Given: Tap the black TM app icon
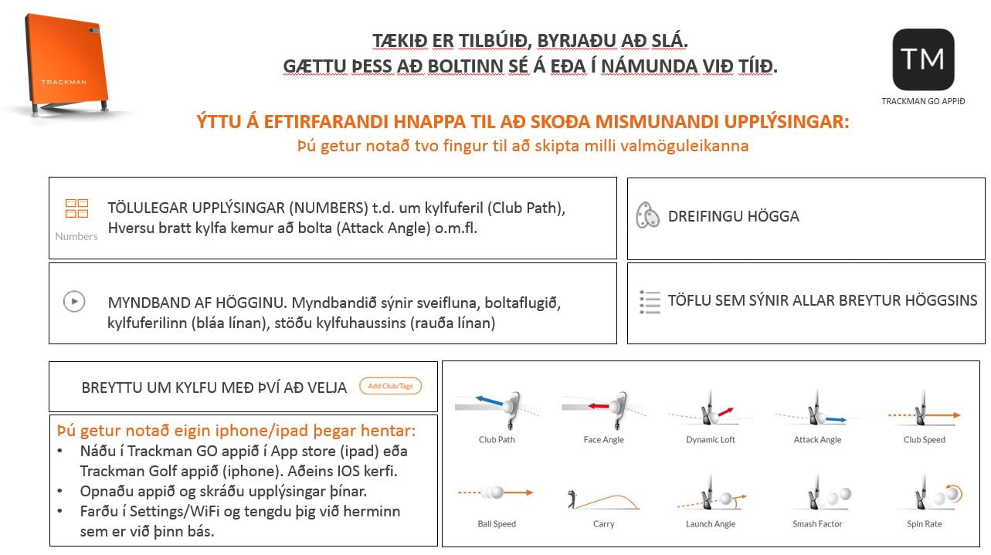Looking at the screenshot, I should [x=923, y=59].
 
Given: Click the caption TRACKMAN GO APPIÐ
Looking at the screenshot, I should [x=923, y=101].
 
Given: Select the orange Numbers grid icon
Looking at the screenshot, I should [x=76, y=208].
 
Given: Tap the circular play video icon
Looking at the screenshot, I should [x=74, y=301].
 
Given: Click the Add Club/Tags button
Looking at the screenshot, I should [x=390, y=386].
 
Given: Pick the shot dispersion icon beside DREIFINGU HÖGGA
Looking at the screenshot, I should [x=647, y=216].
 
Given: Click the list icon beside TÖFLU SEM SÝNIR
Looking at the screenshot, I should [x=650, y=302].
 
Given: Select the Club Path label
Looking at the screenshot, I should [x=497, y=440].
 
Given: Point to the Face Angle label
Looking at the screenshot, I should [x=603, y=440].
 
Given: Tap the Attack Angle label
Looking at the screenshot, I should [x=817, y=440].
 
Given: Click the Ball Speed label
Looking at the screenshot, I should [x=497, y=524].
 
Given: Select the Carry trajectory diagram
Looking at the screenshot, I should [x=603, y=498].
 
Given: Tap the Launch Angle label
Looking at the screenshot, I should [x=710, y=524].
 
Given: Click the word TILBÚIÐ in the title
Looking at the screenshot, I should [x=487, y=40].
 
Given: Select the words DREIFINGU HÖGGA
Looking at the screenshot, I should [x=733, y=217].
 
